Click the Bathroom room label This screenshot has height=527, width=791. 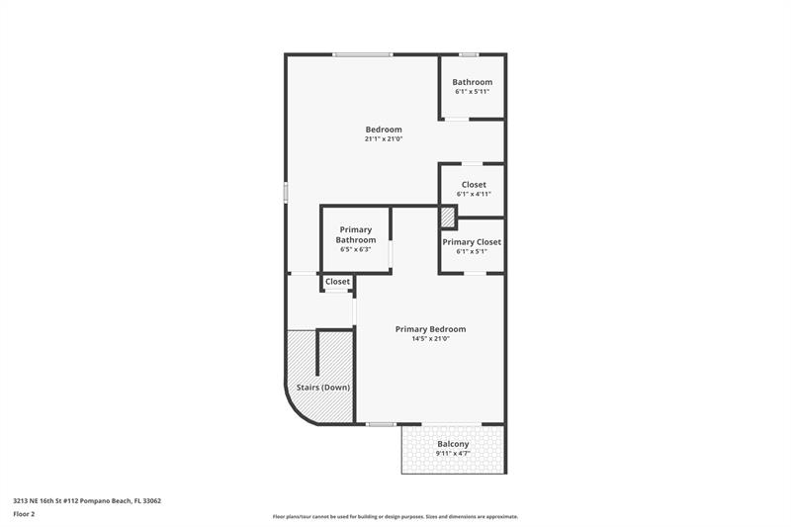[472, 82]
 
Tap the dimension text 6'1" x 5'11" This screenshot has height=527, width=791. [472, 92]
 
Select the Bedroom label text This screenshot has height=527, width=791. [384, 130]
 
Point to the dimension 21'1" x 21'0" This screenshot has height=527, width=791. [384, 139]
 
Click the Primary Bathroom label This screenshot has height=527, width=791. [356, 235]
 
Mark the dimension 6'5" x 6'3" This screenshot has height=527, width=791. [356, 249]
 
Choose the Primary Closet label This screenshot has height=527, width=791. [472, 242]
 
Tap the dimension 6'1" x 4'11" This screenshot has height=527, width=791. [474, 195]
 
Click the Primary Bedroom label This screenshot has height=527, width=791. [430, 329]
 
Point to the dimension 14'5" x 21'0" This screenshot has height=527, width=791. [430, 339]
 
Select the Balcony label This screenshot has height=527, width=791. [453, 444]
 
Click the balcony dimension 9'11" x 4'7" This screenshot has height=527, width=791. [453, 454]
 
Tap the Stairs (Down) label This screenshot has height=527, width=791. [323, 388]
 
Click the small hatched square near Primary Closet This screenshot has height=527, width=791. [447, 218]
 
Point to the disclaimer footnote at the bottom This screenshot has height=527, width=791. [395, 516]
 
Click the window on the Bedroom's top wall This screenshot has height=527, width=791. [362, 54]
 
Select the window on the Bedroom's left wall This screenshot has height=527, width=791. [286, 193]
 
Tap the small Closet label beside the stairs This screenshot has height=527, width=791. [338, 282]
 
